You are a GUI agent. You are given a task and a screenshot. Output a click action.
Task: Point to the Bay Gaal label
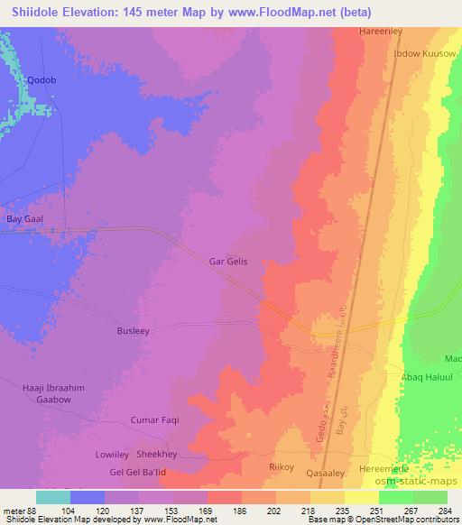coord(25,219)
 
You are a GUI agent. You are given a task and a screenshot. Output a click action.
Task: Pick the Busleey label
coord(133,331)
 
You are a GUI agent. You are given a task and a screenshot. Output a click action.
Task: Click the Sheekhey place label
coord(157,455)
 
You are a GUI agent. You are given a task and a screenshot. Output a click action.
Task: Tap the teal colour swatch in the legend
coord(53,497)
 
